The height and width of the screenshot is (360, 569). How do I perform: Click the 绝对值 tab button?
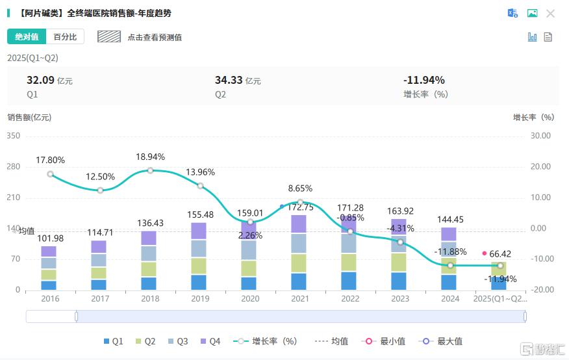click(x=27, y=37)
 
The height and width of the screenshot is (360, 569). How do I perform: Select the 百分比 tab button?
click(x=65, y=37)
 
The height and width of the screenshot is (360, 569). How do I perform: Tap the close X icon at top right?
click(x=550, y=14)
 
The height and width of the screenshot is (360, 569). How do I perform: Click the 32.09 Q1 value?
click(x=40, y=81)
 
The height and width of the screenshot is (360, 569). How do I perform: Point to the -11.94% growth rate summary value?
click(x=424, y=81)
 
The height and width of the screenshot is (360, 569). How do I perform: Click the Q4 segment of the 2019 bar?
click(x=199, y=231)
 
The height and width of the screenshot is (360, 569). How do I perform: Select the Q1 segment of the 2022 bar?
click(x=349, y=281)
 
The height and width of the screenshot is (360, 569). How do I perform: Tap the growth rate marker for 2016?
click(x=50, y=174)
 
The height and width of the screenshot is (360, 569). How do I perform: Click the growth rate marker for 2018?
click(x=150, y=170)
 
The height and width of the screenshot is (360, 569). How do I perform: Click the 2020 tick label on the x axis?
click(x=250, y=299)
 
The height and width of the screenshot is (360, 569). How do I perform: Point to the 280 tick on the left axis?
click(x=14, y=167)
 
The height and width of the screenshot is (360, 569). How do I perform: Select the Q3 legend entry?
click(x=177, y=341)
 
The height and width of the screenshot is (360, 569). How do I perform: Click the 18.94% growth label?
click(x=150, y=157)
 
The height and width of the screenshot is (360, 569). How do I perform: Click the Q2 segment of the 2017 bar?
click(x=99, y=273)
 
